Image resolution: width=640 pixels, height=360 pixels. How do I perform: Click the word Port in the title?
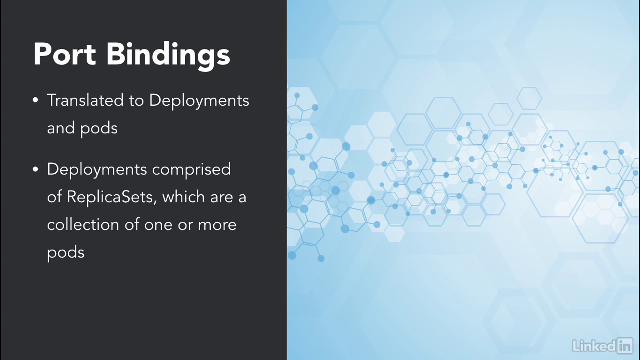[65, 54]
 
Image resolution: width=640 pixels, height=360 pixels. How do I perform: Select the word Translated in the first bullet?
[85, 100]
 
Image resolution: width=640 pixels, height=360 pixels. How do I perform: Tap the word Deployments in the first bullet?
[199, 102]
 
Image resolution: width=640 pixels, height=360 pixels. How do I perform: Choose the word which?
[183, 197]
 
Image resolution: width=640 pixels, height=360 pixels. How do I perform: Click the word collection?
[83, 225]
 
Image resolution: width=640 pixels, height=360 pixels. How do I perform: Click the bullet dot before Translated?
[35, 100]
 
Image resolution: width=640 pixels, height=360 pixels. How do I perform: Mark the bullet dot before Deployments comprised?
[35, 169]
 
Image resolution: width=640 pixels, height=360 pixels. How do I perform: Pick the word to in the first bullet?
[136, 101]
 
